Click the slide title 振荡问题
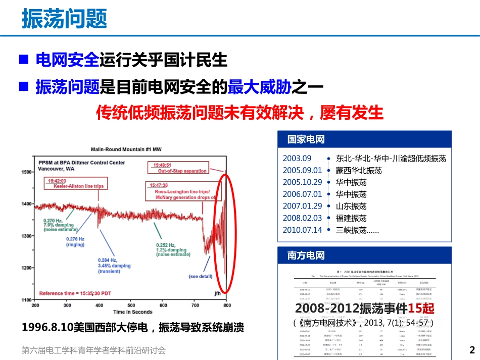(64, 19)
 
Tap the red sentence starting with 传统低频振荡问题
(240, 113)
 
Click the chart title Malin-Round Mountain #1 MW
(130, 149)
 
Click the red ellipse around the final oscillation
(221, 233)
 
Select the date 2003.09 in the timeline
(297, 158)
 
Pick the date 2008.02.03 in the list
(302, 218)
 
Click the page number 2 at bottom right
(472, 350)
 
